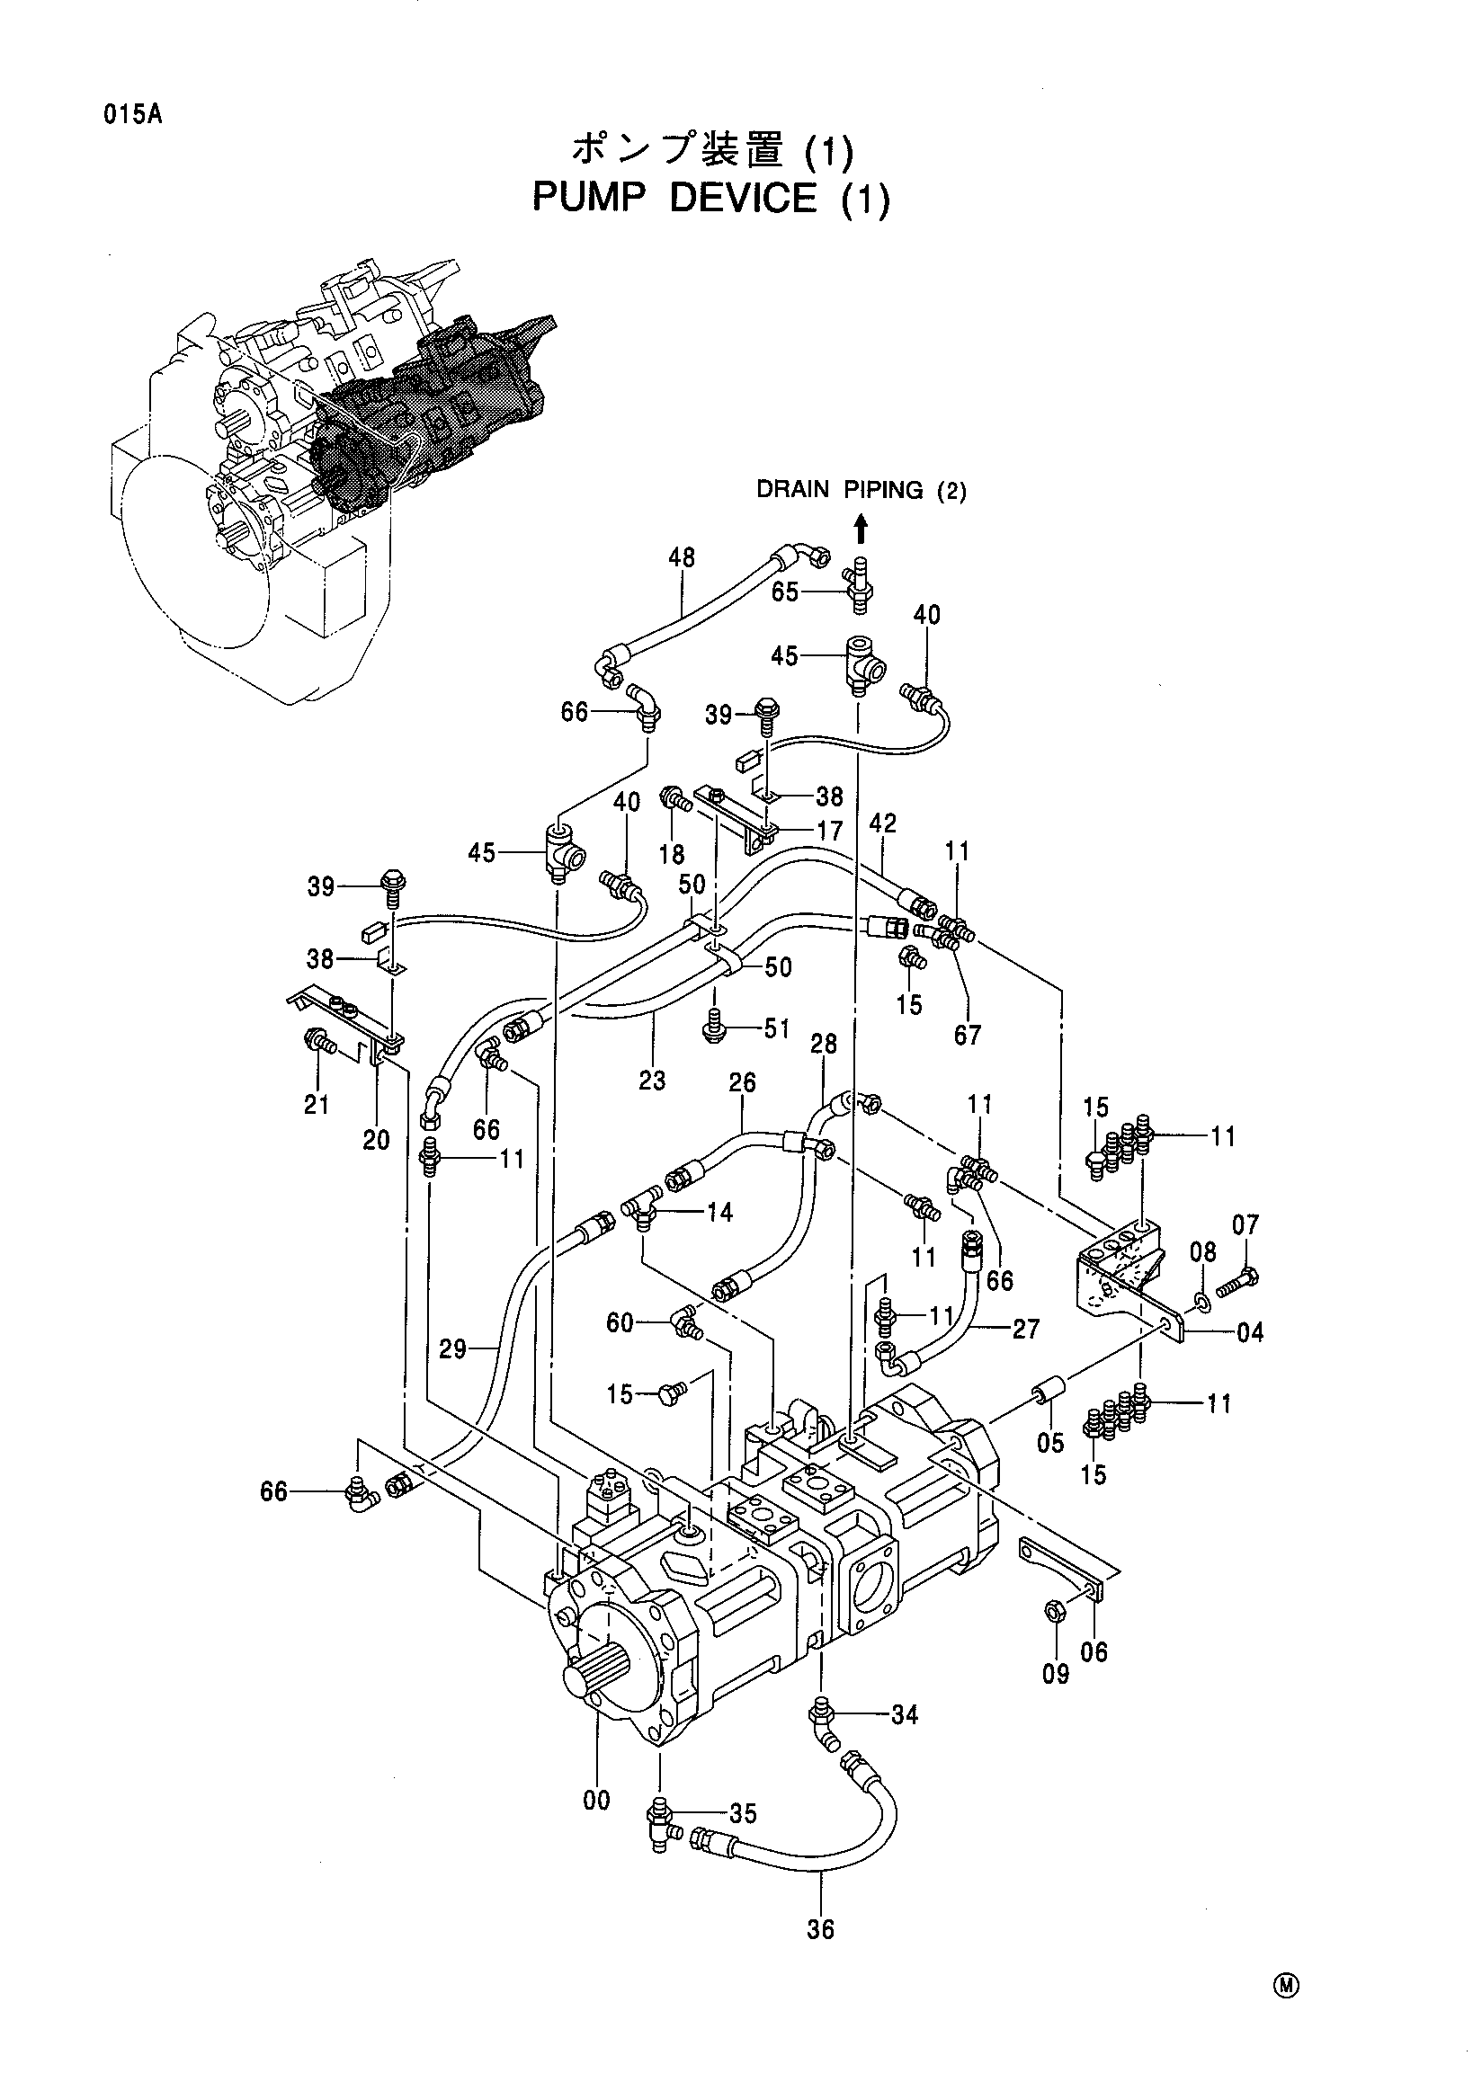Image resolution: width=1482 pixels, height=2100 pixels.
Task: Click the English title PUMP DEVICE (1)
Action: [711, 199]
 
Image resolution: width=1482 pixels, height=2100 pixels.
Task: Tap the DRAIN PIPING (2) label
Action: [861, 491]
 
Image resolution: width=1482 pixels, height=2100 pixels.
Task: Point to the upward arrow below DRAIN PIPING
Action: [861, 529]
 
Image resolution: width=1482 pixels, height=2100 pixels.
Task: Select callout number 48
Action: [682, 558]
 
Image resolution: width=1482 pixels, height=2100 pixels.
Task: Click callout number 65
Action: [785, 592]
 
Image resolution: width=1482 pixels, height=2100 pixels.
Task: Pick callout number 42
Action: [882, 823]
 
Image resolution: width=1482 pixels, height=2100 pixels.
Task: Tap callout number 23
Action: [652, 1081]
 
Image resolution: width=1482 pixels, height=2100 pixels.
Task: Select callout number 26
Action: [742, 1083]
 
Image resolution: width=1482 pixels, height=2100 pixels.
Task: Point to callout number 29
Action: [453, 1349]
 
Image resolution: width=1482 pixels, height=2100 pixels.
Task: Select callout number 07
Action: [1245, 1224]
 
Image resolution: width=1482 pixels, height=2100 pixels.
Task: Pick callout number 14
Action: [720, 1213]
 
